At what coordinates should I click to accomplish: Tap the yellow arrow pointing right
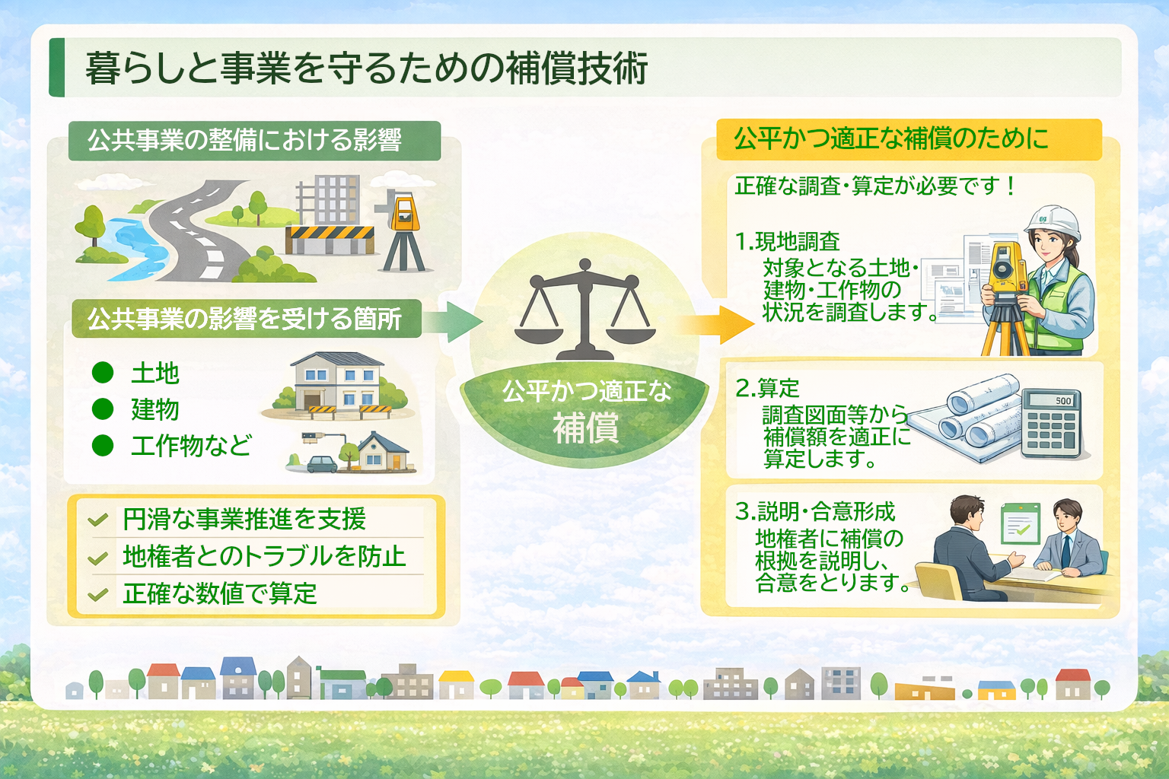pos(715,325)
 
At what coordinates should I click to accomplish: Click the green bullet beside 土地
pos(103,373)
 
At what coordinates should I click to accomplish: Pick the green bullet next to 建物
pos(103,409)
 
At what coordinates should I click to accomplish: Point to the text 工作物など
pos(190,446)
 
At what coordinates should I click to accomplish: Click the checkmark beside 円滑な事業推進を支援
pos(98,521)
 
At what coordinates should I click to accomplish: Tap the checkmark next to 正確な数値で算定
pos(98,595)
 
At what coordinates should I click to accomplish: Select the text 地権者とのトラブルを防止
pos(264,557)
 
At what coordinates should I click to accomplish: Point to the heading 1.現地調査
pos(787,242)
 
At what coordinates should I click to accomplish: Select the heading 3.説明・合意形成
pos(815,512)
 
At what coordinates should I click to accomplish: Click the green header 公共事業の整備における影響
pos(254,141)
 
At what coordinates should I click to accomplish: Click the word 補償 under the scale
pos(585,428)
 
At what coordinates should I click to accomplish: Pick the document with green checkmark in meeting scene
pos(1019,523)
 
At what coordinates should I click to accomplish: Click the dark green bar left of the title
pos(56,68)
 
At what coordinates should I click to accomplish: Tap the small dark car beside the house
pos(322,463)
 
